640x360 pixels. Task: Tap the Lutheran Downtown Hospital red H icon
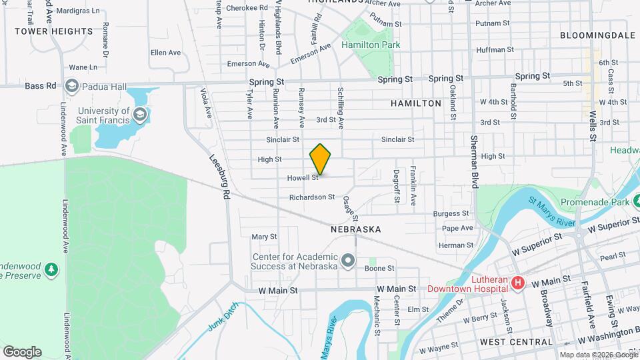(x=517, y=285)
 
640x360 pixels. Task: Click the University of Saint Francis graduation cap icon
(x=139, y=115)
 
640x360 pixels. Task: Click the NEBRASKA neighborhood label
(x=355, y=229)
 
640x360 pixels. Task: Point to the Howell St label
(x=303, y=178)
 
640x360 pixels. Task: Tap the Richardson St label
(x=312, y=197)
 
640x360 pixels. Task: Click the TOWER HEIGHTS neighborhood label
(x=53, y=31)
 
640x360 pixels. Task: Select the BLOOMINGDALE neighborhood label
(x=597, y=35)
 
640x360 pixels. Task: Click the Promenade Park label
(x=595, y=202)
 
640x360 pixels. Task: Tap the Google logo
(x=22, y=352)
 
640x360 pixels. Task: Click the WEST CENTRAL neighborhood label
(x=516, y=342)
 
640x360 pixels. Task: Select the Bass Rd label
(x=39, y=85)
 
